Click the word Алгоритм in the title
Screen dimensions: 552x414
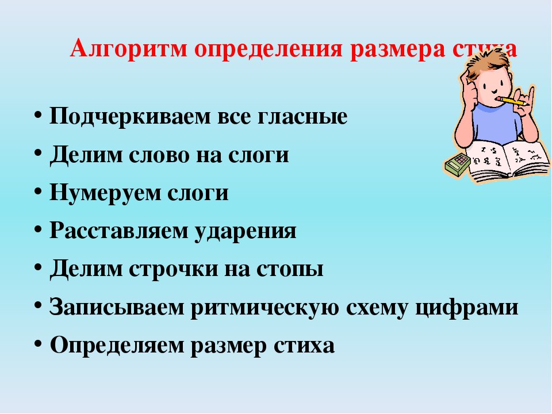[129, 48]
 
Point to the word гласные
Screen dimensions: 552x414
[302, 117]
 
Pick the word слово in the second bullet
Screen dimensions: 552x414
[159, 155]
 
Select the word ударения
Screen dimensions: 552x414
[246, 232]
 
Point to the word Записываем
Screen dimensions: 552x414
[117, 307]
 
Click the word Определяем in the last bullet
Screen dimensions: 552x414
[117, 346]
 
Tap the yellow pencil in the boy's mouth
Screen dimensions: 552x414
[513, 102]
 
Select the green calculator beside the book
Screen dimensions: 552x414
[457, 164]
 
